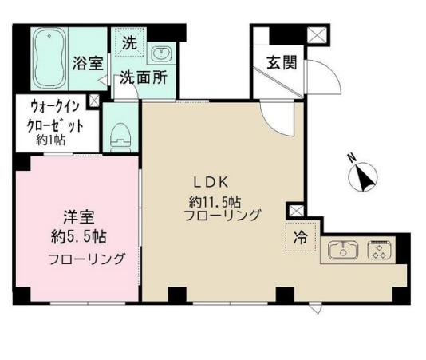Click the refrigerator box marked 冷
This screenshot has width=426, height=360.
click(x=300, y=236)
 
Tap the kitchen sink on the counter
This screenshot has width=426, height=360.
click(x=343, y=251)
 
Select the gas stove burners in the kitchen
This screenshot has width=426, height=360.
click(x=378, y=250)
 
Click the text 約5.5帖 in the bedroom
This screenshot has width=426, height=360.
click(x=75, y=235)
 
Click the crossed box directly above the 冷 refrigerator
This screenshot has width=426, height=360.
click(x=295, y=210)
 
